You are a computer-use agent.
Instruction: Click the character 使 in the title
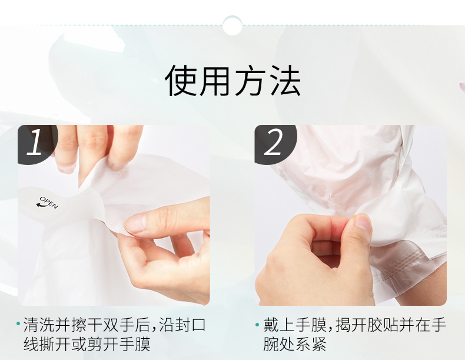coord(181,81)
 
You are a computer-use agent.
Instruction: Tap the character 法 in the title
coord(285,81)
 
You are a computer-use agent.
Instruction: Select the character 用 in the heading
coord(215,81)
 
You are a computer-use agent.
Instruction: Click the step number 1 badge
coord(35,143)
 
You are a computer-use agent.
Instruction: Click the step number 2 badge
coord(273,143)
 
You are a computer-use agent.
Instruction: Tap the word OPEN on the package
coord(49,202)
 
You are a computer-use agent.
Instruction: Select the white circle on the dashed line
coord(232,25)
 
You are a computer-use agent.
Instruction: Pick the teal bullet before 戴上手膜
coord(257,324)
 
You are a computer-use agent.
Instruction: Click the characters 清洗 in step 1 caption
coord(39,325)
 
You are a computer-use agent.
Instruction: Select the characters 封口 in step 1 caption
coord(190,325)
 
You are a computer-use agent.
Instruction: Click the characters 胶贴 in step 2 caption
coord(383,325)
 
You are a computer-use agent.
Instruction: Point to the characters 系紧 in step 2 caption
coord(311,344)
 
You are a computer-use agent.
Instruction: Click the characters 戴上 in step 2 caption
coord(279,325)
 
